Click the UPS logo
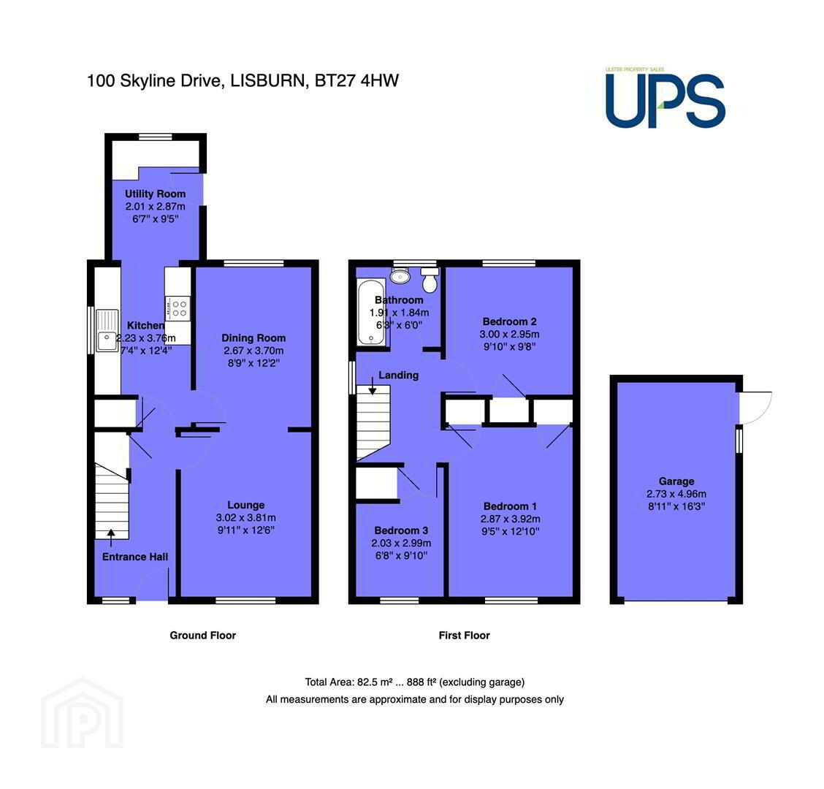coord(665,99)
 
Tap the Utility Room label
coord(155,194)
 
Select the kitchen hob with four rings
coord(178,308)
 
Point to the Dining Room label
coord(253,338)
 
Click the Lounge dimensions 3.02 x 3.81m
coord(246,518)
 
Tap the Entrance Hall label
coord(135,557)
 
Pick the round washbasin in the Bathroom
coord(400,275)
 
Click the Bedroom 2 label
coord(509,321)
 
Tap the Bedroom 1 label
coord(510,506)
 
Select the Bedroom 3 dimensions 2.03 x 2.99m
coord(401,543)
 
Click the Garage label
coord(676,481)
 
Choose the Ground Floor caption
coord(203,635)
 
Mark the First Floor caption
coord(464,635)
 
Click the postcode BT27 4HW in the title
coord(356,80)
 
